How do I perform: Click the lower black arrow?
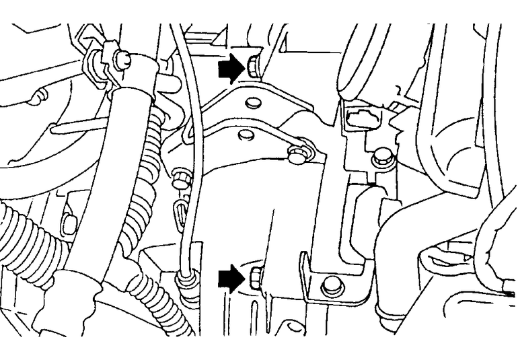(x=231, y=277)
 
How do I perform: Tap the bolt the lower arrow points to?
(x=255, y=276)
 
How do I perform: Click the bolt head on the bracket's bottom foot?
(x=331, y=285)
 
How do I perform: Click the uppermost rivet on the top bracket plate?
(x=252, y=104)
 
